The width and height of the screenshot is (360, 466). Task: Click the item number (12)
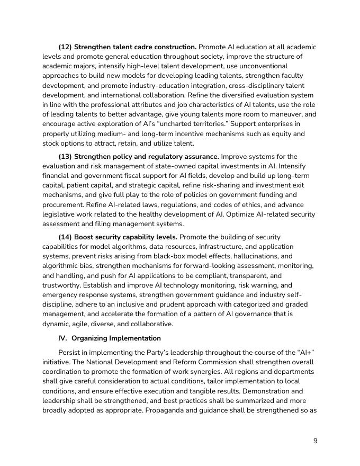(x=65, y=47)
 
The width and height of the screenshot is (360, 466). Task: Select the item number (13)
(x=65, y=156)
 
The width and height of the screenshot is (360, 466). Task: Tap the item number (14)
(x=65, y=237)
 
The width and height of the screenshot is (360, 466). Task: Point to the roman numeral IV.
(x=63, y=338)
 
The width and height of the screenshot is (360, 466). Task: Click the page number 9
(x=315, y=441)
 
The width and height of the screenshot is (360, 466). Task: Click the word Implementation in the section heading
(x=136, y=338)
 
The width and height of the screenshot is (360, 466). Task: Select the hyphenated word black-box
(x=151, y=256)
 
